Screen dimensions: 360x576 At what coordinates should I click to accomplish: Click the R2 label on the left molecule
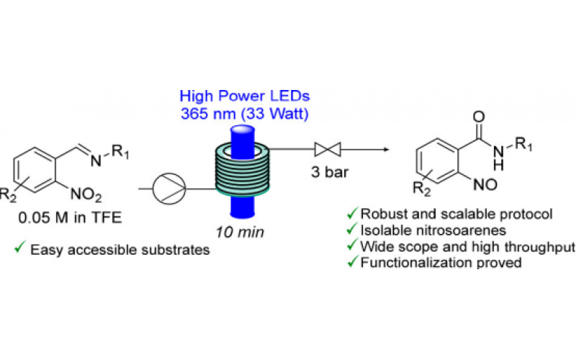coord(9,192)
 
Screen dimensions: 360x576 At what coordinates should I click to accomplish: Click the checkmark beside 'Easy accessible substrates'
coord(20,249)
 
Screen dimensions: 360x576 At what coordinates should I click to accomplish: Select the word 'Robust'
coord(384,215)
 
